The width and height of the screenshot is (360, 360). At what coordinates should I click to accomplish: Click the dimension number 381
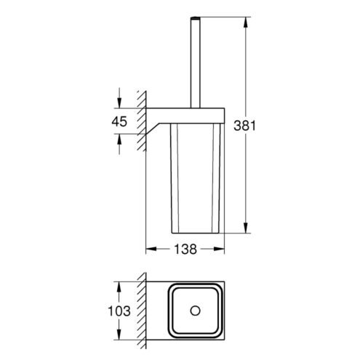pyautogui.click(x=244, y=126)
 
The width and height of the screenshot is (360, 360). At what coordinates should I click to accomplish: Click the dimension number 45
pyautogui.click(x=119, y=121)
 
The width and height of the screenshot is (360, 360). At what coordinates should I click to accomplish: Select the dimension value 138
pyautogui.click(x=185, y=249)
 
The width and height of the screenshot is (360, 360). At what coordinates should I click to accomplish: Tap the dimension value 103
pyautogui.click(x=119, y=311)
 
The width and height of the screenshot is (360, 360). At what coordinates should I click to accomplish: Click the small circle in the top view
pyautogui.click(x=195, y=311)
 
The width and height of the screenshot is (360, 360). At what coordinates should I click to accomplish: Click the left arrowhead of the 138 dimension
pyautogui.click(x=151, y=249)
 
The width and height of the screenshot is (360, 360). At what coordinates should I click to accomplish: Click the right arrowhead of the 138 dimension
pyautogui.click(x=219, y=249)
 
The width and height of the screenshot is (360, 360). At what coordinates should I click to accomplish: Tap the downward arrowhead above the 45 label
pyautogui.click(x=119, y=103)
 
